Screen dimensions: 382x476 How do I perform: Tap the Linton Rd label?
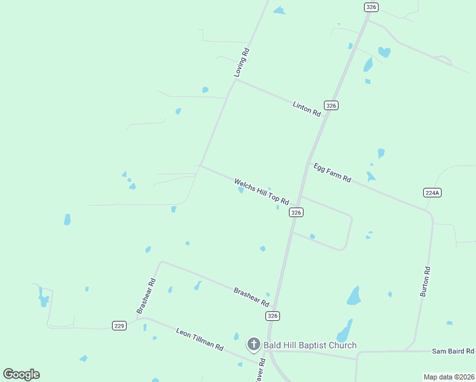(307, 108)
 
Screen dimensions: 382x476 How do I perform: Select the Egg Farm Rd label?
(332, 173)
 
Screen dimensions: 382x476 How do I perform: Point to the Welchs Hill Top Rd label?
(262, 192)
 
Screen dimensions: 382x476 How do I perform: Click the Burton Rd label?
(426, 281)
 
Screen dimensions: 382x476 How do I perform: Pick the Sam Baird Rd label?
(453, 351)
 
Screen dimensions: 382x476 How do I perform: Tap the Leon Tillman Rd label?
(200, 339)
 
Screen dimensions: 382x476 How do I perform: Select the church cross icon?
(253, 345)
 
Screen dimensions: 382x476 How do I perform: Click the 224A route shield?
(433, 192)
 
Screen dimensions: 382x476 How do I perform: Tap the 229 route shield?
(119, 325)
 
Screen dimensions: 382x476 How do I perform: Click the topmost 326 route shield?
(372, 6)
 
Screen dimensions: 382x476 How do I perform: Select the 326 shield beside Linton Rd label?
(330, 105)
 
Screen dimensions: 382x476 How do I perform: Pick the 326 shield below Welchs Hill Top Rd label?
(295, 213)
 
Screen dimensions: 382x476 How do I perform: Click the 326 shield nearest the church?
(272, 316)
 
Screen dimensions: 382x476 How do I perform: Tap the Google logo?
(21, 374)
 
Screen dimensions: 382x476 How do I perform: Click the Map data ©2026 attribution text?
(449, 377)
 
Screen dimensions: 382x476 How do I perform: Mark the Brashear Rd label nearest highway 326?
(251, 297)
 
